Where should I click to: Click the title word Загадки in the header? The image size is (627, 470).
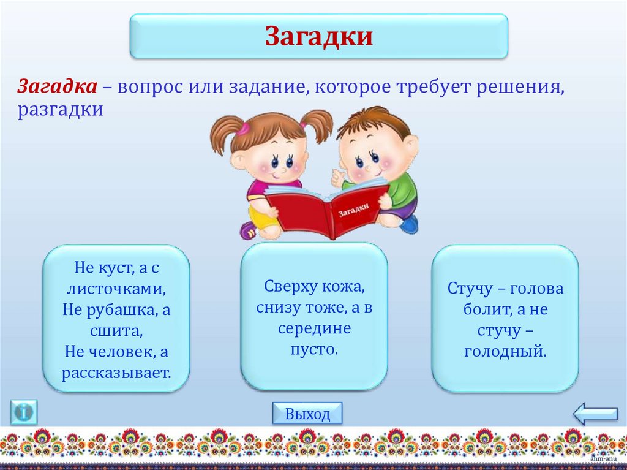[318, 36]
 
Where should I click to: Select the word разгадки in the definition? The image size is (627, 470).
[60, 110]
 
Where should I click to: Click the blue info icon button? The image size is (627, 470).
[24, 412]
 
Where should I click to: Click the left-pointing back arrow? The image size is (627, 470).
[595, 414]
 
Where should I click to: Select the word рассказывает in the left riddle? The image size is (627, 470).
[116, 372]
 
